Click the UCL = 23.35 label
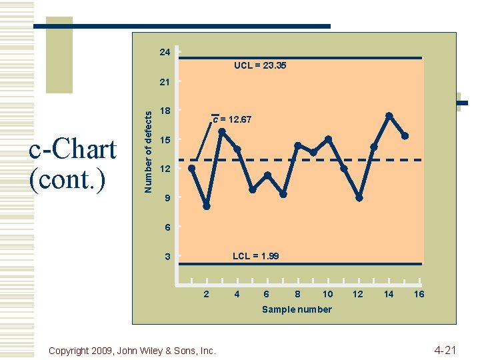click(x=260, y=66)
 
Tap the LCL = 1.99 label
click(x=255, y=256)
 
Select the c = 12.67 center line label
click(x=232, y=120)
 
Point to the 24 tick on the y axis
click(x=165, y=52)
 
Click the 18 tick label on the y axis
click(x=165, y=110)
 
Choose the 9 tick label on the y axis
click(x=167, y=198)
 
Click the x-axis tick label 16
click(x=419, y=294)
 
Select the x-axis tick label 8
click(x=297, y=294)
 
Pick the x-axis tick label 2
click(x=207, y=294)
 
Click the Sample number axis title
click(x=297, y=309)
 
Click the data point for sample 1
click(x=191, y=168)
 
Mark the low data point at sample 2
click(x=207, y=206)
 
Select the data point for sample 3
click(x=222, y=131)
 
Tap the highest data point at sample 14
click(x=389, y=115)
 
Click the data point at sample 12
click(x=359, y=198)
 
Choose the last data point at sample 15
click(x=405, y=136)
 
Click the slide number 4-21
click(x=445, y=349)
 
